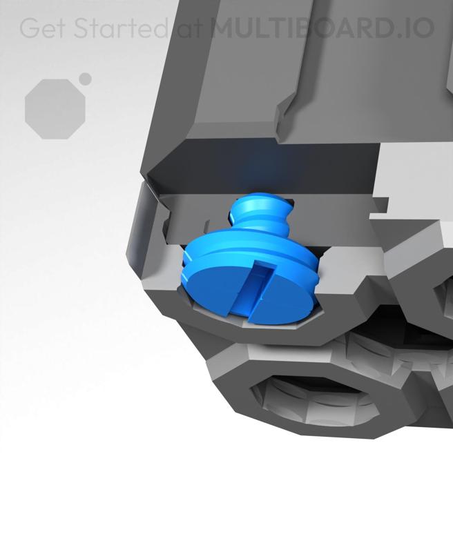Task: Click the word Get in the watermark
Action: pyautogui.click(x=44, y=28)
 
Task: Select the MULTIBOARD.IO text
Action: pyautogui.click(x=322, y=28)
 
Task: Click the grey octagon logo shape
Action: pyautogui.click(x=55, y=108)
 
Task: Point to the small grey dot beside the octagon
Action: pyautogui.click(x=85, y=79)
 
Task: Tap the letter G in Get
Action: pyautogui.click(x=29, y=28)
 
